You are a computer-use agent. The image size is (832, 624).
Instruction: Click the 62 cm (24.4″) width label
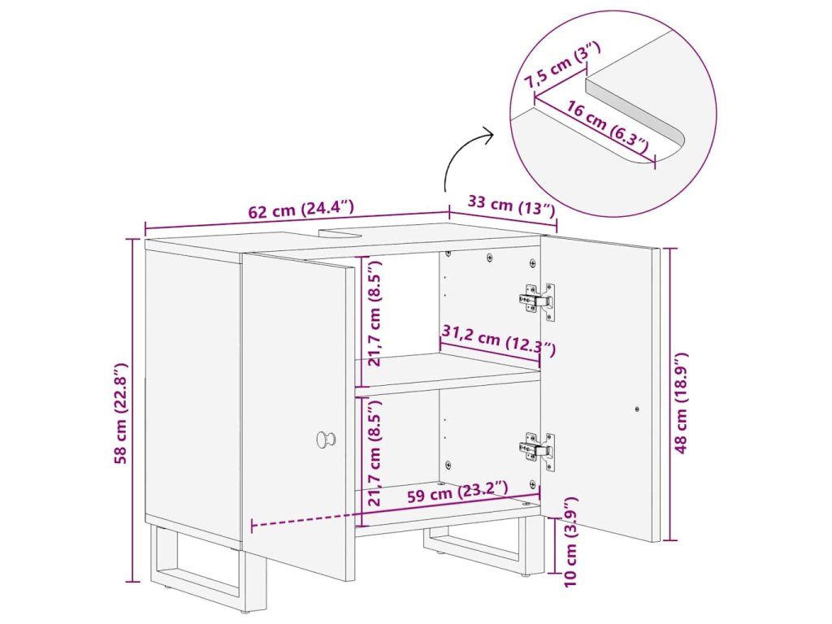coord(301,209)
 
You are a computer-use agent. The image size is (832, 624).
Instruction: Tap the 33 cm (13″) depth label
coord(511,206)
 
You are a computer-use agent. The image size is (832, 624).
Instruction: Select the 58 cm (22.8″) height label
coord(122,414)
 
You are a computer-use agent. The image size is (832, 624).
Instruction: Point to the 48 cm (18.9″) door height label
coord(681,403)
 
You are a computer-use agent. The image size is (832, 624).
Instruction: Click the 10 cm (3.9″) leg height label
coord(570,542)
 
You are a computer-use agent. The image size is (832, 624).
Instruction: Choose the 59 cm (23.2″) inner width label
coord(457,492)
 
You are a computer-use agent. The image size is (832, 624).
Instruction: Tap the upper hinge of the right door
coord(537,301)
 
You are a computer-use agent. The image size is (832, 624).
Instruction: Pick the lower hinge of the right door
coord(537,450)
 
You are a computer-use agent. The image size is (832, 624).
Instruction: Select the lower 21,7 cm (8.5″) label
coord(375,453)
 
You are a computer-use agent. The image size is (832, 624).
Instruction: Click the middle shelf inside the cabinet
coord(448,375)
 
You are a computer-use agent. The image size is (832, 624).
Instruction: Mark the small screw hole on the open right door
coord(637,409)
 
